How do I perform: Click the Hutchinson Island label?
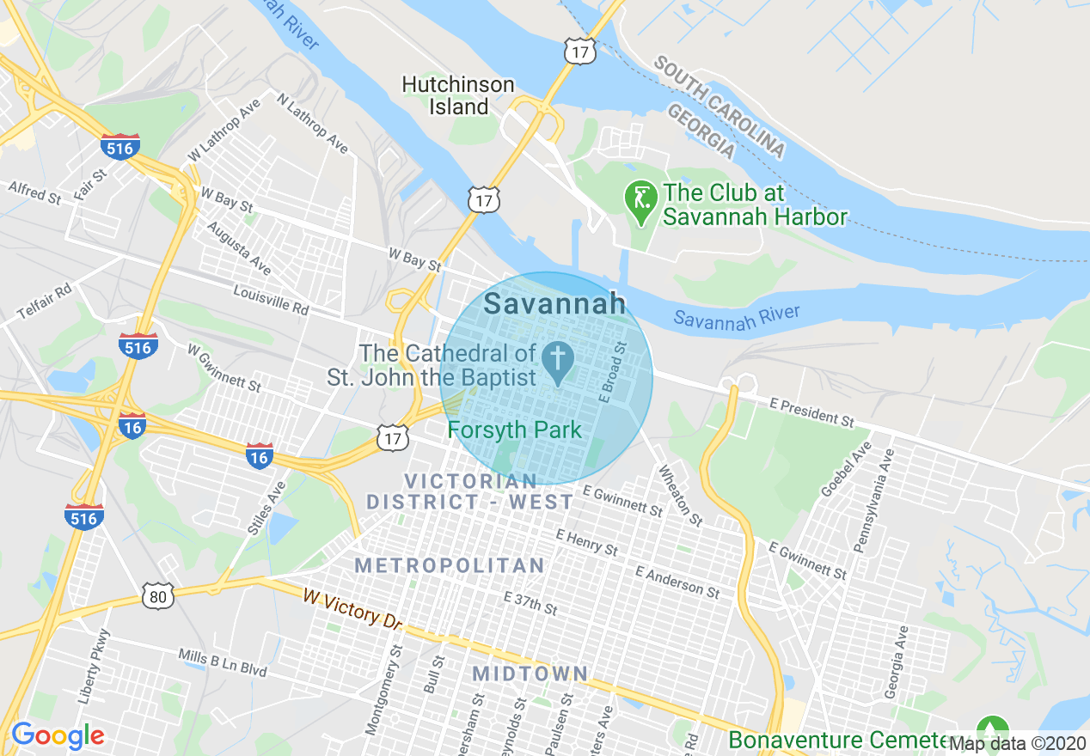tap(458, 96)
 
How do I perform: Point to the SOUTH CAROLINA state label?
tap(720, 107)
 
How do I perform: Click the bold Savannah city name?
tap(554, 303)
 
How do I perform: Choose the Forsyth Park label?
tap(515, 430)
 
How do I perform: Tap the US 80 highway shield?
tap(159, 595)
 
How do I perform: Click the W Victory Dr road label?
tap(352, 607)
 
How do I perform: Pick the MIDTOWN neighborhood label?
tap(530, 674)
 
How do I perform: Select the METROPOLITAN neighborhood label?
tap(450, 565)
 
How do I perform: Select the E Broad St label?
tap(614, 373)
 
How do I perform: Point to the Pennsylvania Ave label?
tap(873, 511)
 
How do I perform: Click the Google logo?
tap(58, 735)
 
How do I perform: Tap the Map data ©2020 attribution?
tap(1018, 744)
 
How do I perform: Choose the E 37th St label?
tap(530, 603)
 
